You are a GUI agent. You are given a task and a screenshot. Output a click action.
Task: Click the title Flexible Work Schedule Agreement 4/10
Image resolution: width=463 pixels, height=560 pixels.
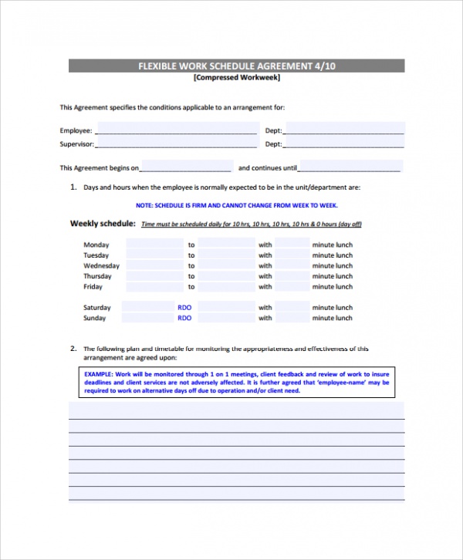tap(236, 66)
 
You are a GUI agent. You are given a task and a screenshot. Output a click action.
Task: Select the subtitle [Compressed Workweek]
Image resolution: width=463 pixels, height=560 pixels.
tap(236, 77)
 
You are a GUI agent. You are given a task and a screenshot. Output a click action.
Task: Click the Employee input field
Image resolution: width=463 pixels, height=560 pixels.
tap(176, 130)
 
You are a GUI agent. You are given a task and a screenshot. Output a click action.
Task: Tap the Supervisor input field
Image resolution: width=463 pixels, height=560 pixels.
tap(176, 143)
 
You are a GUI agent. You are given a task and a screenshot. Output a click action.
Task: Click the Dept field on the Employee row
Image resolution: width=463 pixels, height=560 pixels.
tap(344, 130)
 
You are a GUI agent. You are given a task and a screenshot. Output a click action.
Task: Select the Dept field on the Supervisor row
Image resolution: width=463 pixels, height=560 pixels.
tap(344, 143)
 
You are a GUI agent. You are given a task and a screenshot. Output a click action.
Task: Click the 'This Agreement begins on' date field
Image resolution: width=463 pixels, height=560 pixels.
tap(186, 167)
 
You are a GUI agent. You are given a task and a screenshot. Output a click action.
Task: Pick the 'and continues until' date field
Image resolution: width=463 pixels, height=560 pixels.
tap(350, 167)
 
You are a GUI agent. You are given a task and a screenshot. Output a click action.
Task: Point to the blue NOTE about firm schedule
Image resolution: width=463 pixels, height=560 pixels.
tap(236, 205)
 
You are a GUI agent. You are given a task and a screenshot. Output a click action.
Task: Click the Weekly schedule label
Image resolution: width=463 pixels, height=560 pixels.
tap(103, 224)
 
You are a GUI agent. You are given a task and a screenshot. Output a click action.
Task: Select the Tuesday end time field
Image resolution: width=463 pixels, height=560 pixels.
tap(226, 255)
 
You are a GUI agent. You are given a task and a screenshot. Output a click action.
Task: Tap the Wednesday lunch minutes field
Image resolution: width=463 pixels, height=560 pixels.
tap(292, 265)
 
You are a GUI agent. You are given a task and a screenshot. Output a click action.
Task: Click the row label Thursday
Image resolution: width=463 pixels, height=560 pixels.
tap(97, 276)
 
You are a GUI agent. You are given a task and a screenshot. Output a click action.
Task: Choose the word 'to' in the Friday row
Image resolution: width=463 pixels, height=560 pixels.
tap(191, 287)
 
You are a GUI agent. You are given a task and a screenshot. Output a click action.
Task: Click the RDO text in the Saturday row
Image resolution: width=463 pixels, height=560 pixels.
tap(184, 307)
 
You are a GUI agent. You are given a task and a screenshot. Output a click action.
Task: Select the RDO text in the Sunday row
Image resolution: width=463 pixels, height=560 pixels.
tap(184, 318)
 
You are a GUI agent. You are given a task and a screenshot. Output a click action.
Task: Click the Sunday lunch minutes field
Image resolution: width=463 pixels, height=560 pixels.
tap(292, 318)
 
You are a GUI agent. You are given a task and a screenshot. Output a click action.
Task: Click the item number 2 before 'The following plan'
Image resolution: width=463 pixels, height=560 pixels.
tap(73, 348)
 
